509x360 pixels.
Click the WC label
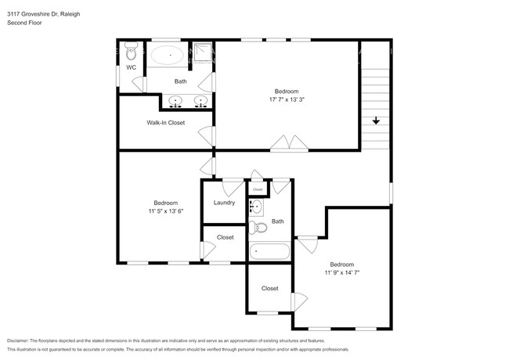pyautogui.click(x=132, y=68)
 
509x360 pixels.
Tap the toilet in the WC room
pyautogui.click(x=132, y=52)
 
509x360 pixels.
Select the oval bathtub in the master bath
pyautogui.click(x=168, y=56)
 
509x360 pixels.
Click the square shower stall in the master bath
pyautogui.click(x=203, y=52)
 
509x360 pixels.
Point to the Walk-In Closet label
pyautogui.click(x=165, y=123)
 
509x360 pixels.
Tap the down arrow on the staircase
pyautogui.click(x=376, y=121)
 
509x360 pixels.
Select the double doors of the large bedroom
pyautogui.click(x=290, y=143)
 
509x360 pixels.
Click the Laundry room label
pyautogui.click(x=224, y=203)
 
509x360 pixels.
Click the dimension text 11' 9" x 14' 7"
pyautogui.click(x=341, y=272)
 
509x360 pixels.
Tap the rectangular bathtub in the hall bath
pyautogui.click(x=269, y=251)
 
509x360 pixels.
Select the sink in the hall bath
pyautogui.click(x=256, y=207)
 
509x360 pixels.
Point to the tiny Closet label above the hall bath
pyautogui.click(x=258, y=189)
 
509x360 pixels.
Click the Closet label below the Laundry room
pyautogui.click(x=225, y=237)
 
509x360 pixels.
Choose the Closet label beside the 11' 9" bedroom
pyautogui.click(x=269, y=288)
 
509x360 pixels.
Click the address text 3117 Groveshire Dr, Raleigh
pyautogui.click(x=42, y=14)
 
